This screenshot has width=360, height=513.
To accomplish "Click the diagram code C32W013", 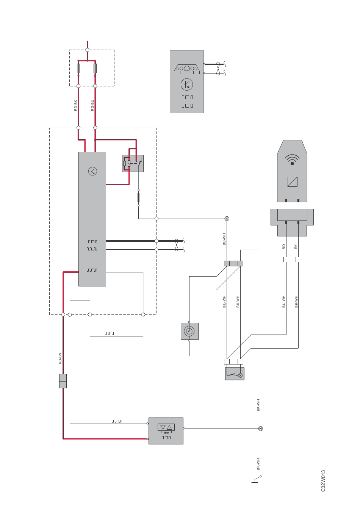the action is pyautogui.click(x=323, y=481).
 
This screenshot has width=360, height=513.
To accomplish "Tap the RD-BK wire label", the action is pyautogui.click(x=75, y=105).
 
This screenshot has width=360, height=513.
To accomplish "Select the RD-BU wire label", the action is pyautogui.click(x=92, y=105).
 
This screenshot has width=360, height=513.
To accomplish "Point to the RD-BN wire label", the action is pyautogui.click(x=60, y=358).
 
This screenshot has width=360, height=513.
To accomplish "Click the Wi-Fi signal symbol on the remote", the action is pyautogui.click(x=292, y=160).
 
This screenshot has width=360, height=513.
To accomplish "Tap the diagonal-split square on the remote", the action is pyautogui.click(x=292, y=181).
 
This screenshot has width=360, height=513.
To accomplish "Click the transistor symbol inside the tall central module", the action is pyautogui.click(x=92, y=171).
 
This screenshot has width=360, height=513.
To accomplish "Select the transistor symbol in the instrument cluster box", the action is pyautogui.click(x=187, y=84).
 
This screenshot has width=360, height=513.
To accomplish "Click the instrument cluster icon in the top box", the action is pyautogui.click(x=187, y=69).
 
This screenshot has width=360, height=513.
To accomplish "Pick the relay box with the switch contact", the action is pyautogui.click(x=133, y=163).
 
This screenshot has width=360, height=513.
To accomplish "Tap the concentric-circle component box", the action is pyautogui.click(x=189, y=331).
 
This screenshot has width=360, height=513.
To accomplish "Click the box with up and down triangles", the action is pyautogui.click(x=166, y=431).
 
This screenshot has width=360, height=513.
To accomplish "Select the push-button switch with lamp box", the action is pyautogui.click(x=235, y=373).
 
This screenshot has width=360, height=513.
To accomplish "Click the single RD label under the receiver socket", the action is pyautogui.click(x=283, y=247).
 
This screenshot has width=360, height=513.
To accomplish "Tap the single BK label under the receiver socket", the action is pyautogui.click(x=296, y=247).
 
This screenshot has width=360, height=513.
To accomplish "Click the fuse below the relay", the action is pyautogui.click(x=138, y=197).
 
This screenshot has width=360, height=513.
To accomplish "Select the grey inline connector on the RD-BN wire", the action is pyautogui.click(x=63, y=381).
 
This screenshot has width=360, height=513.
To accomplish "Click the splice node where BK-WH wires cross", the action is pyautogui.click(x=261, y=428).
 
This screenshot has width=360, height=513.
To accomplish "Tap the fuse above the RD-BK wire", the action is pyautogui.click(x=78, y=68).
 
